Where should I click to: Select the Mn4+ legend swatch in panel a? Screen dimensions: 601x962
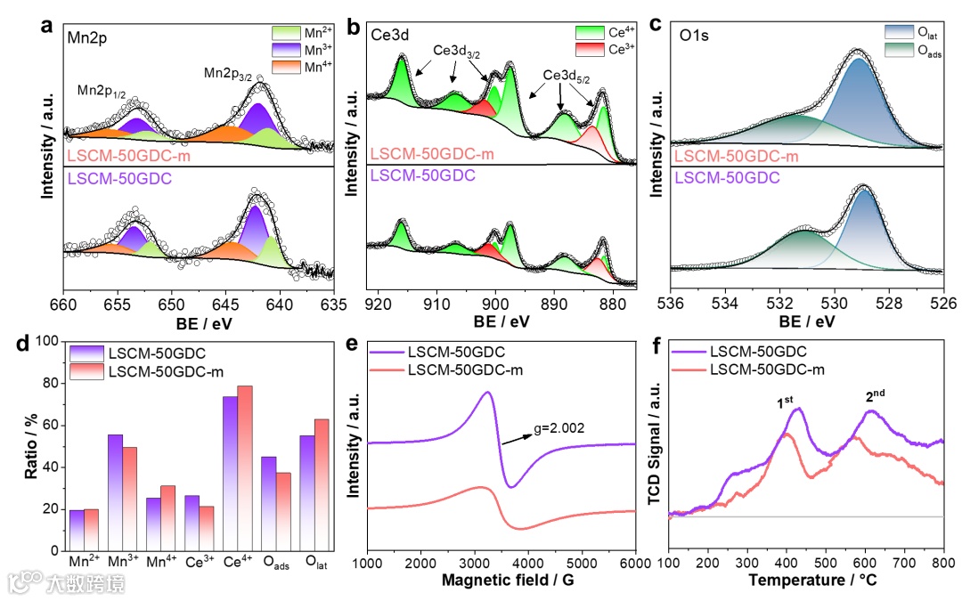(x=288, y=68)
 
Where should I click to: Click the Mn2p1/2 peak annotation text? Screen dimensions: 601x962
(x=102, y=89)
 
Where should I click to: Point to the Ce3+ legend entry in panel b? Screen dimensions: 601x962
(x=594, y=48)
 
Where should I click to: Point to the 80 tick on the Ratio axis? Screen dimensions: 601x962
(x=52, y=384)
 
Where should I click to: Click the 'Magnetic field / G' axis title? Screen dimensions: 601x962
(x=501, y=581)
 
